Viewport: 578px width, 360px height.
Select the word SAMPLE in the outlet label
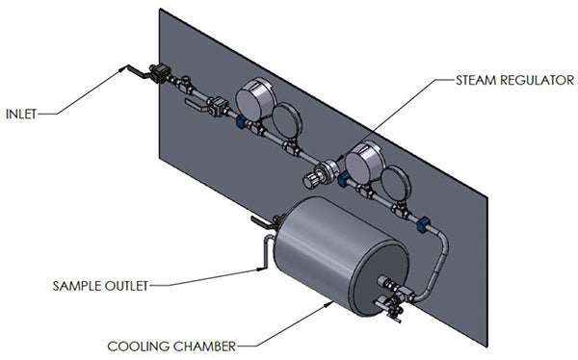pos(76,285)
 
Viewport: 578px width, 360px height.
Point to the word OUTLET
pos(128,285)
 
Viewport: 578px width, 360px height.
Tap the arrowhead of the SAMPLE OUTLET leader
pos(263,270)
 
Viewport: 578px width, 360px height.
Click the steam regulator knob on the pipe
pos(314,179)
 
